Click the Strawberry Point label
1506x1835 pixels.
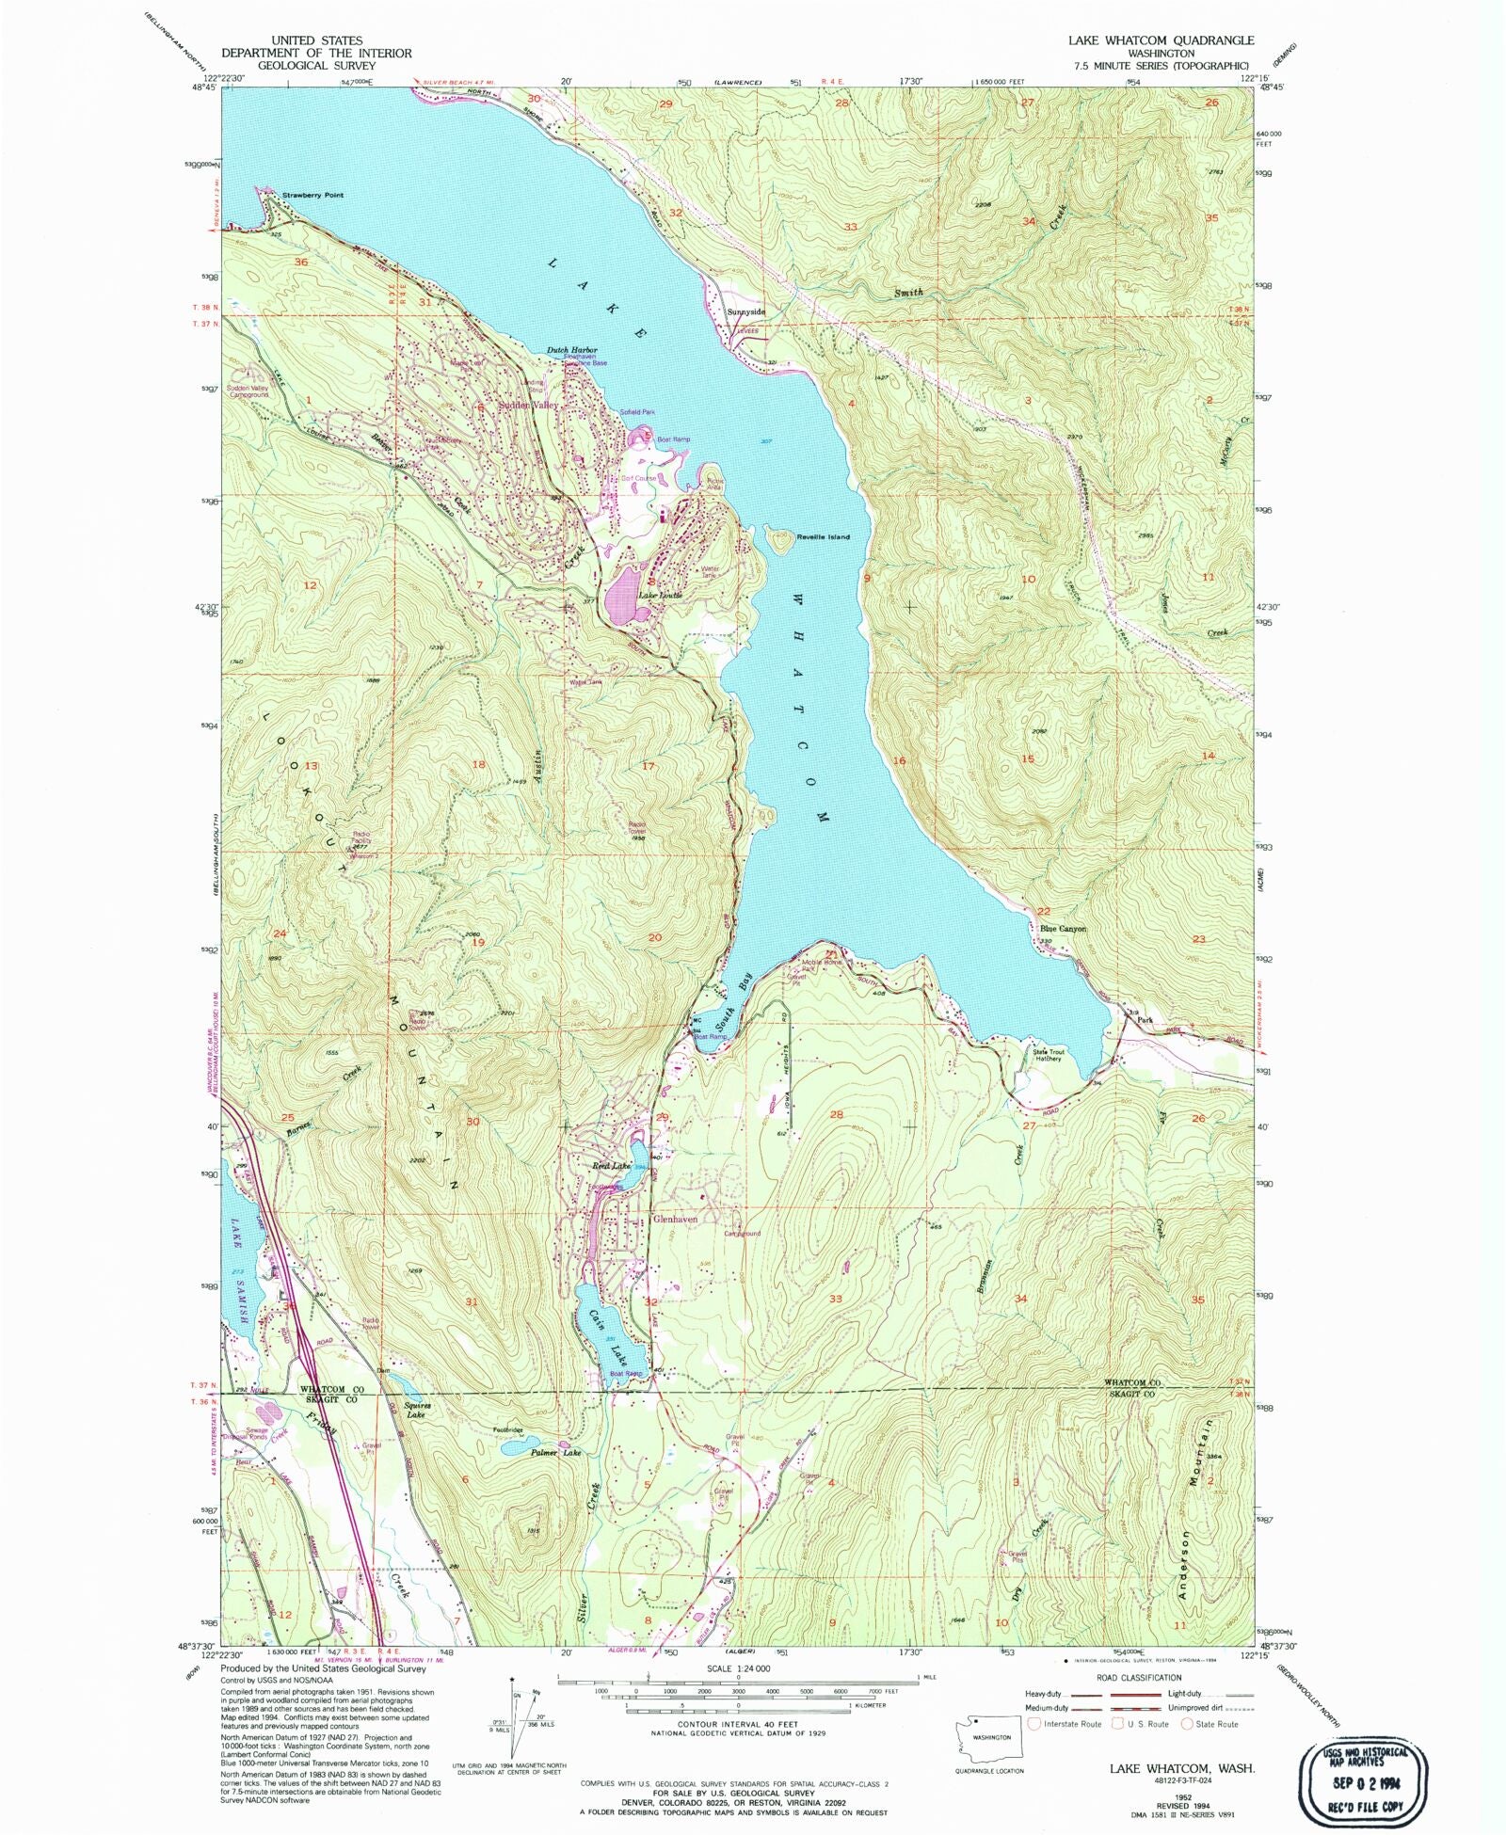coord(312,195)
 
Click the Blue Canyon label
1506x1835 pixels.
coord(1063,928)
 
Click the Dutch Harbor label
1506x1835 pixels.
coord(572,350)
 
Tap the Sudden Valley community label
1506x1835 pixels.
coord(528,405)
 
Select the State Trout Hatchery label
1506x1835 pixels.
coord(1049,1055)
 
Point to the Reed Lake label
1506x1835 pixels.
coord(611,1166)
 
